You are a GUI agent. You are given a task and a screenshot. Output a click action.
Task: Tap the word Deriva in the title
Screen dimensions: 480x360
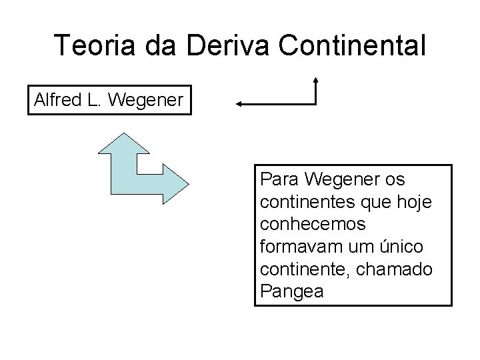[217, 45]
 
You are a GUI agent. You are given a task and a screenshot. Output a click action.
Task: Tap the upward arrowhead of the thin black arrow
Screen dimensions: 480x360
[315, 81]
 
